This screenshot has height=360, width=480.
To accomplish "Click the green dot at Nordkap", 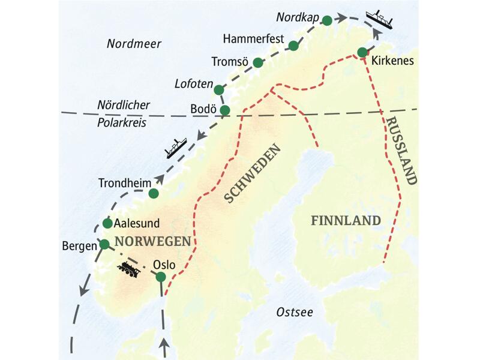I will (x=327, y=20).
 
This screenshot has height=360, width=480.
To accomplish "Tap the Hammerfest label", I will (x=253, y=40).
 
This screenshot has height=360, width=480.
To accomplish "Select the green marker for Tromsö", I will (x=257, y=62).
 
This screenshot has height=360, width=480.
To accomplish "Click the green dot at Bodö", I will (x=224, y=110).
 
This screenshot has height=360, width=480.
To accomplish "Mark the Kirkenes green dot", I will (x=362, y=53).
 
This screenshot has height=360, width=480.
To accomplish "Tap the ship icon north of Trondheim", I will (x=176, y=147).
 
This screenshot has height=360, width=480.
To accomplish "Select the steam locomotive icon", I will (x=129, y=271).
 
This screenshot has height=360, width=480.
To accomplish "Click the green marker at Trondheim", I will (x=154, y=193).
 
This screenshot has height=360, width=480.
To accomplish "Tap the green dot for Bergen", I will (x=104, y=244).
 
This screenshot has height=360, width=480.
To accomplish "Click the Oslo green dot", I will (x=161, y=277).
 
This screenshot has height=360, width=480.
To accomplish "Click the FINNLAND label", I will (x=346, y=220).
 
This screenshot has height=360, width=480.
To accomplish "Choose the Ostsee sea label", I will (x=295, y=313).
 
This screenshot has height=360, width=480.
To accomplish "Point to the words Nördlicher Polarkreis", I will (x=123, y=112).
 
